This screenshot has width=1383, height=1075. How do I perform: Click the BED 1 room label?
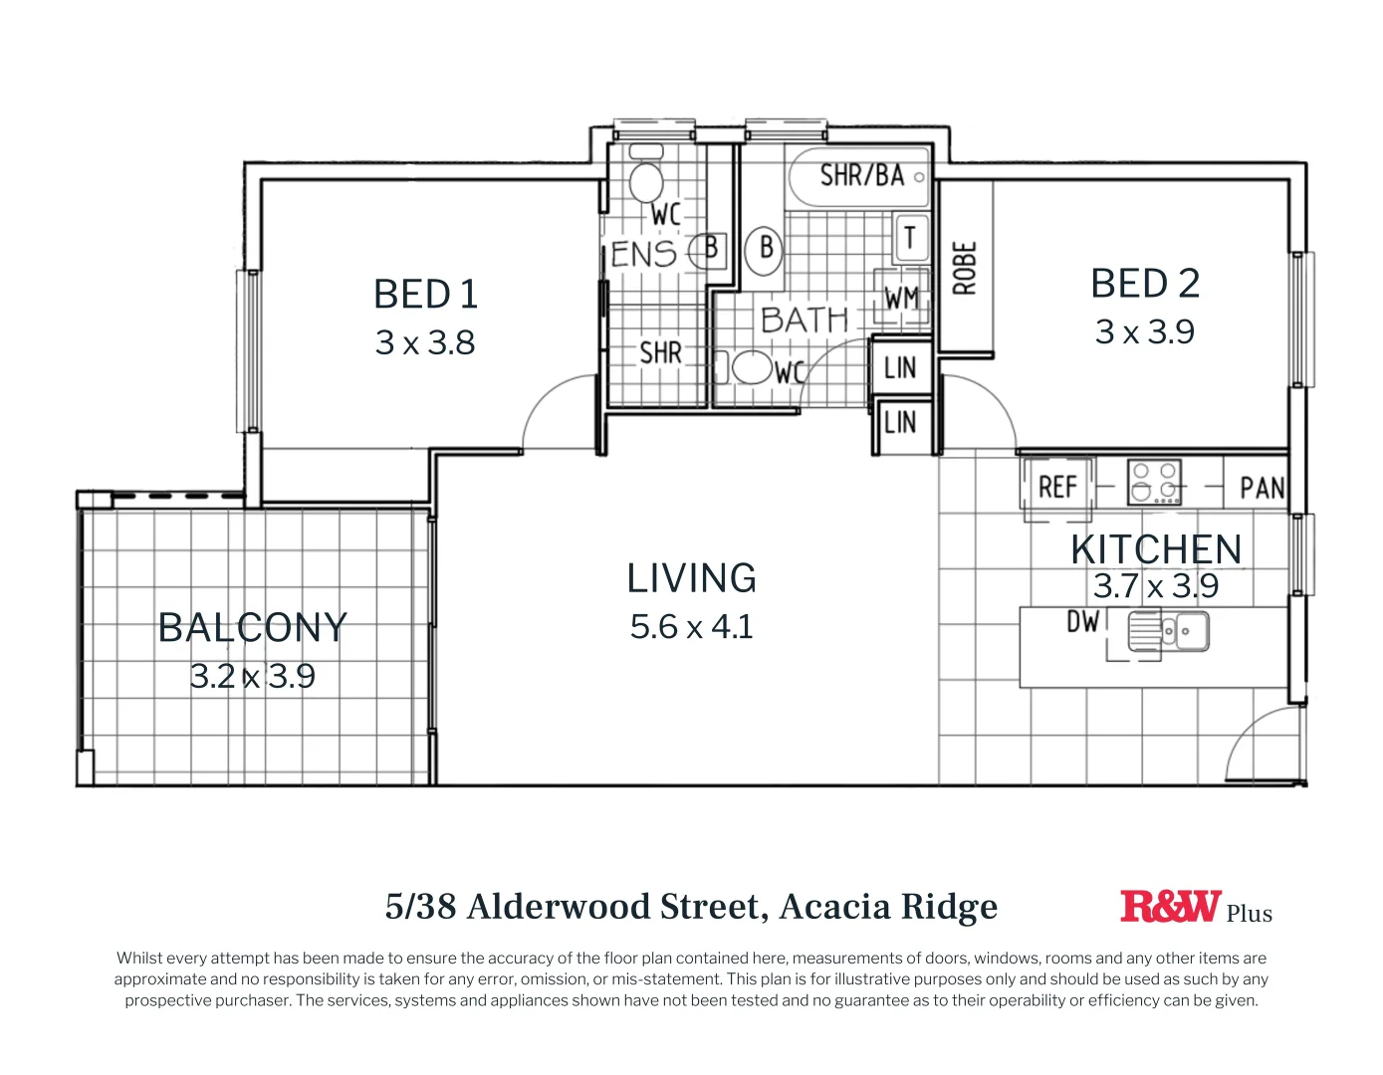coord(425,295)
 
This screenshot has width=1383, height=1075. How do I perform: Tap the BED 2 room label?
coord(1145,284)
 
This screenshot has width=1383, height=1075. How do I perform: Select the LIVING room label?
coord(691,578)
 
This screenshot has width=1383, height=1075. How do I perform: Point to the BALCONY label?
coord(252,628)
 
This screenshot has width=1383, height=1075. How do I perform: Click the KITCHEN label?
coord(1156,549)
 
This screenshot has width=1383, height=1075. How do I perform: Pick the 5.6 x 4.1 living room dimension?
coord(691,627)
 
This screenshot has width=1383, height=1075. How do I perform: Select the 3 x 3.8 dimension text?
coord(425,342)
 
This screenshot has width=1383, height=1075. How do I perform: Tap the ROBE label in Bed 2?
coord(965,268)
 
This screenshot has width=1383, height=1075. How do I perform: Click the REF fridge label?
coord(1057,487)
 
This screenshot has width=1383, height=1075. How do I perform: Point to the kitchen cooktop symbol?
coord(1154,482)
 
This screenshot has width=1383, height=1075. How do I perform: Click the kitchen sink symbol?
coord(1168,631)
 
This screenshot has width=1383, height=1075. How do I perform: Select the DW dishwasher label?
coord(1082,622)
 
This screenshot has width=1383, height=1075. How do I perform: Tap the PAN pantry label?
coord(1262,488)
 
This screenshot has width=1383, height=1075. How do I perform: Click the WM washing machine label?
coord(901,298)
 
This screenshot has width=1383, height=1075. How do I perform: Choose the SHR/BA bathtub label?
coord(861,176)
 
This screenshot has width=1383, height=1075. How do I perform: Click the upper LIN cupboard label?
coord(899,368)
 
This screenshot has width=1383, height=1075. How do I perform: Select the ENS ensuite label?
coord(643,254)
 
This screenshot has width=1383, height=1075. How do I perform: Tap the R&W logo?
coord(1170,906)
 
